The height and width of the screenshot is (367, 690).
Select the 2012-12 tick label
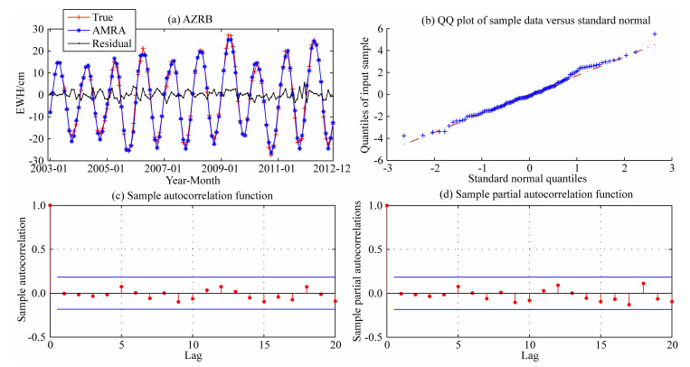coord(323,168)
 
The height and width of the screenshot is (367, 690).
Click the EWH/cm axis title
coord(16,94)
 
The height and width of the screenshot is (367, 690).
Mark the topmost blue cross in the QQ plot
coord(655,33)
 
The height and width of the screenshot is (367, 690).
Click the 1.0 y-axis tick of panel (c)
coord(36,205)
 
